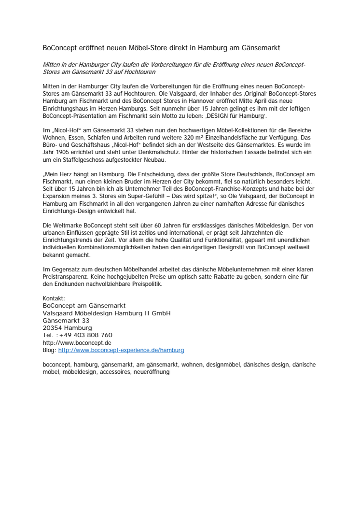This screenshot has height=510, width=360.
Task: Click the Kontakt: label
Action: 54,298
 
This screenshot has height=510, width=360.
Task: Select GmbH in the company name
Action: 160,313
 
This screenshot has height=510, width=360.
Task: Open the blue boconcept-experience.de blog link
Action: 121,350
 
